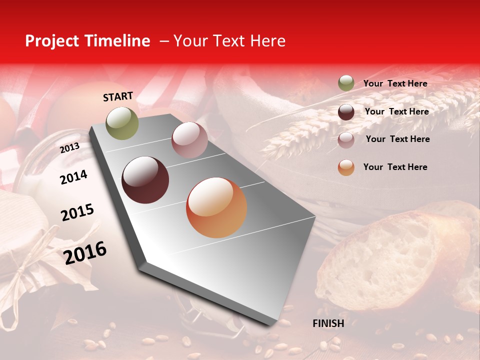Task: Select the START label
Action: coord(118,96)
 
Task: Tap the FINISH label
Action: coord(328,323)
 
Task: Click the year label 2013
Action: coord(69,148)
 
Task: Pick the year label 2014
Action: coord(73,177)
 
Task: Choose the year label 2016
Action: coord(85,252)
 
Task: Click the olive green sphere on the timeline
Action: coord(122,123)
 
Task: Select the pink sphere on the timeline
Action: coord(189,140)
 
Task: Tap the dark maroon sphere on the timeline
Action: coord(145,180)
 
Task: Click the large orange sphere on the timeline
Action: coord(216,207)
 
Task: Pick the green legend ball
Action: coord(346,83)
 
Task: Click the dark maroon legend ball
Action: coord(346,111)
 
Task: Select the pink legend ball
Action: coord(346,139)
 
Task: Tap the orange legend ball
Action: coord(346,167)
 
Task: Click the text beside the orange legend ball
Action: coord(395,167)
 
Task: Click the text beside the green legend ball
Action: coord(395,83)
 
